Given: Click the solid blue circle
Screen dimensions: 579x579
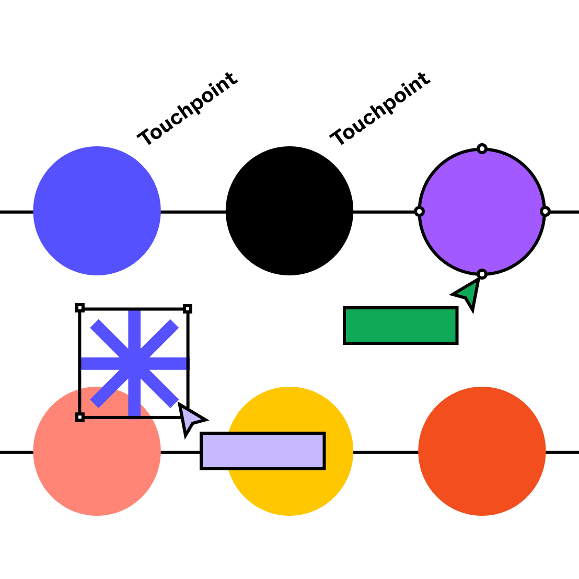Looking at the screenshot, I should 97,211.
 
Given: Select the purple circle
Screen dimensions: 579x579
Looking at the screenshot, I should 482,212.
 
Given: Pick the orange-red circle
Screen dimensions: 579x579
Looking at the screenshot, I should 482,451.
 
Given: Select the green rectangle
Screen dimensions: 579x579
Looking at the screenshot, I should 400,326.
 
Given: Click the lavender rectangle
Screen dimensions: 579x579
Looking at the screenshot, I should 262,451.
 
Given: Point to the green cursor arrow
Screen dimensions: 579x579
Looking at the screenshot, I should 469,293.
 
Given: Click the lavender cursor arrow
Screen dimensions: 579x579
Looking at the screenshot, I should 189,418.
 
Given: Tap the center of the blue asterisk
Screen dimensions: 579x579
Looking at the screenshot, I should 134,363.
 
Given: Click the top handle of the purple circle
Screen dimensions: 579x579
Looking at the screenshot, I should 482,149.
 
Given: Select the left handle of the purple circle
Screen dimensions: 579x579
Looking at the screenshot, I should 419,212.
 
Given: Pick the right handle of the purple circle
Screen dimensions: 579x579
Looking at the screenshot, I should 545,212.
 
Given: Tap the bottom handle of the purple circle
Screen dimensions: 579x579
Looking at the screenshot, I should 482,274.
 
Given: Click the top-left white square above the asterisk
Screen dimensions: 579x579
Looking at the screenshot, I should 80,308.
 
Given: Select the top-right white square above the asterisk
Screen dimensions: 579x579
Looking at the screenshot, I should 188,309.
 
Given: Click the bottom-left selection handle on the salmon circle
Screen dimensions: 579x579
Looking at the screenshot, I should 80,417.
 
